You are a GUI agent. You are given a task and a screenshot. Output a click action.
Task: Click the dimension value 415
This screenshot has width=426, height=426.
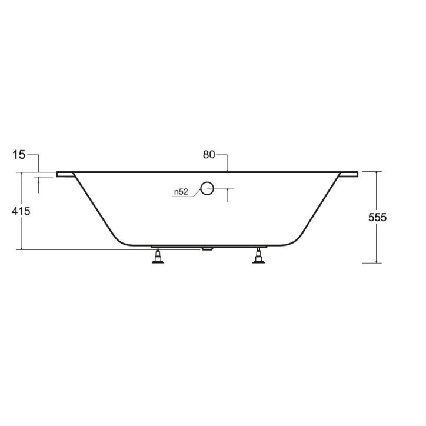coord(21,211)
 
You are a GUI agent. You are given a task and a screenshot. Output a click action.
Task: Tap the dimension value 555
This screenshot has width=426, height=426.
coord(377,217)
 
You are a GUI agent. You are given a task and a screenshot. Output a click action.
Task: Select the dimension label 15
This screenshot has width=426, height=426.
coord(19,155)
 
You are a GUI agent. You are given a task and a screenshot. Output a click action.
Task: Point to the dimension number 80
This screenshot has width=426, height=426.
coord(209,155)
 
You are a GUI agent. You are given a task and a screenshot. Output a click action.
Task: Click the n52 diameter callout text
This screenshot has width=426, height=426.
coord(181,192)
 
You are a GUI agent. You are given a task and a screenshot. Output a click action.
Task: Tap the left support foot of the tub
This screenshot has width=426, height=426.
coord(158,256)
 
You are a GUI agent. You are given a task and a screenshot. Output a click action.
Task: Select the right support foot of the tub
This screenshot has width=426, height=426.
coord(259,256)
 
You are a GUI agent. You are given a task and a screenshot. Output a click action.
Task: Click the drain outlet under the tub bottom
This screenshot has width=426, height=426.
coord(207,248)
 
